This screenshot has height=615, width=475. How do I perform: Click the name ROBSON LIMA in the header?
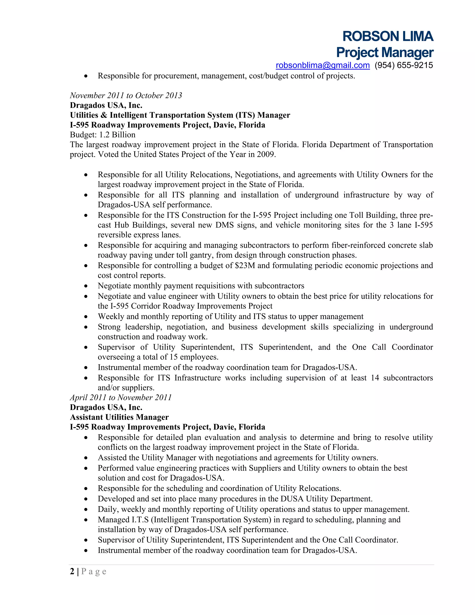[x=388, y=36]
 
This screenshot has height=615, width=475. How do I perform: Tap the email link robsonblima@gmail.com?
[x=322, y=65]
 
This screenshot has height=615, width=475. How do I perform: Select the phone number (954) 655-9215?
[x=404, y=65]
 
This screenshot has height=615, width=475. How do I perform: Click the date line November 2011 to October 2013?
[x=126, y=95]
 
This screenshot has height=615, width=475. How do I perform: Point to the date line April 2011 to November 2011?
[x=121, y=397]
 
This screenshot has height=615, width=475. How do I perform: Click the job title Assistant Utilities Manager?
[x=119, y=417]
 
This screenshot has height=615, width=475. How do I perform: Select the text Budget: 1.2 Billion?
[x=103, y=135]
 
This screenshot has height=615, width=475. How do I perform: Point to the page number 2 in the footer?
[x=72, y=571]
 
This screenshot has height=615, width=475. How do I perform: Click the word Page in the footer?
[x=94, y=572]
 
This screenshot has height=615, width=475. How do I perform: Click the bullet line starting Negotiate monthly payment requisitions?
[x=201, y=286]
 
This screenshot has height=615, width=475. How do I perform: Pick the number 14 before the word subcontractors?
[x=375, y=378]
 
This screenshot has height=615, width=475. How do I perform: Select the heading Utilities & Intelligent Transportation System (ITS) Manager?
[x=180, y=115]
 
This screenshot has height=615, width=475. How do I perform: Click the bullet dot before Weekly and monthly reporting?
[x=86, y=317]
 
